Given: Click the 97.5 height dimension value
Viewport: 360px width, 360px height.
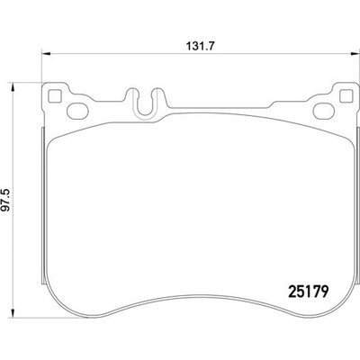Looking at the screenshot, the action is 6,200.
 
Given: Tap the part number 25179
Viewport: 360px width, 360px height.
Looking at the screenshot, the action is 309,291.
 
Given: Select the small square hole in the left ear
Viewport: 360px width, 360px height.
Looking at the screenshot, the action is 55,95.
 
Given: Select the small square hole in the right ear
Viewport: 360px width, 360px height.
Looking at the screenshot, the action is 346,95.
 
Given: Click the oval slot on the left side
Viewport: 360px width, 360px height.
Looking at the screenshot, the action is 77,111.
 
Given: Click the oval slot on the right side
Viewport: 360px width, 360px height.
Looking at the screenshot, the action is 324,111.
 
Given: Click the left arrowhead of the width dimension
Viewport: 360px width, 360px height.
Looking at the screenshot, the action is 45,54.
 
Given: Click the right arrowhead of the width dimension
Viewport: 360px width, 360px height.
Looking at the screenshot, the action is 355,54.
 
